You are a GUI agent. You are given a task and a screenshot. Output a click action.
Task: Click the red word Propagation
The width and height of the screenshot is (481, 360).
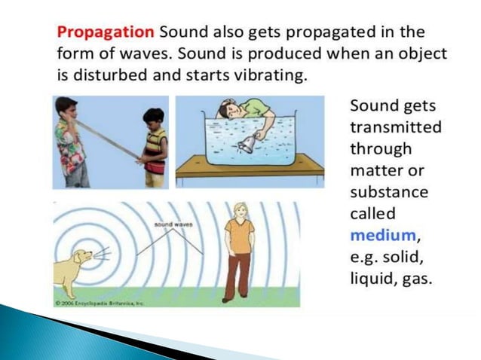click(106, 32)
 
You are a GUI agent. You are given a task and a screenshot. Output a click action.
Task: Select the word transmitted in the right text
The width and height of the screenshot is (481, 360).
click(396, 127)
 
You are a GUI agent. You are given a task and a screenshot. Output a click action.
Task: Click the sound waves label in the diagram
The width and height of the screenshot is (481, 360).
click(173, 224)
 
